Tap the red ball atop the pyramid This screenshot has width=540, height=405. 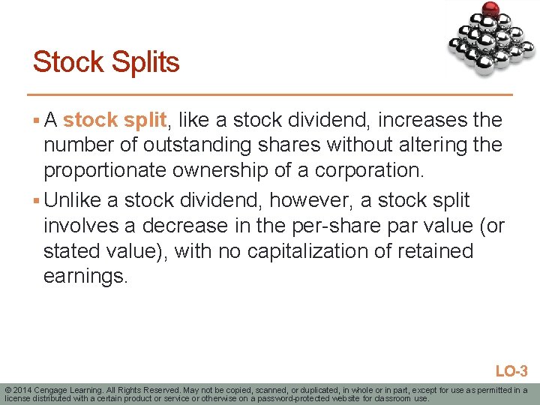tap(491, 9)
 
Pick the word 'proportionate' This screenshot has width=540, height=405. tap(105, 170)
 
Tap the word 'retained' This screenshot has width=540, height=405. tap(435, 251)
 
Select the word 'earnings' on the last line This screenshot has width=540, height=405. tap(85, 277)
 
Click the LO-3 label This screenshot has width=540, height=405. tap(511, 370)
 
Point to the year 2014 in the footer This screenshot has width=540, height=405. tap(22, 390)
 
